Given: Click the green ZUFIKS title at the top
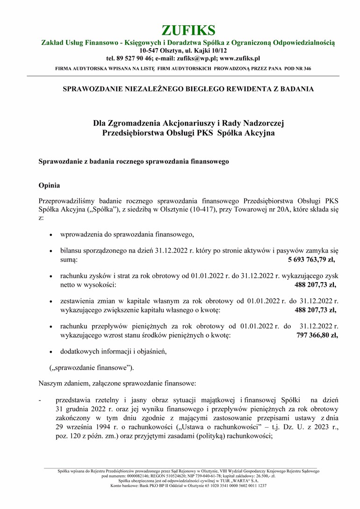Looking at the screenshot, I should [x=188, y=30].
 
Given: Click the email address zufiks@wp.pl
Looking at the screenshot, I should [x=195, y=58].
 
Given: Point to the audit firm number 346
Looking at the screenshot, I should [x=307, y=68].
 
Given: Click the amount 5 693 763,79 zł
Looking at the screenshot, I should [x=312, y=258].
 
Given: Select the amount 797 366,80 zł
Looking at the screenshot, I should [x=317, y=335].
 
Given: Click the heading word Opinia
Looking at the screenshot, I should [x=49, y=185].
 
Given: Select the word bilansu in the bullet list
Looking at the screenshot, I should [x=71, y=250].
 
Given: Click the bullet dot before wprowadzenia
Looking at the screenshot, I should [x=51, y=234].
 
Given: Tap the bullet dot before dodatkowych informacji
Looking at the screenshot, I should [x=51, y=351].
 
